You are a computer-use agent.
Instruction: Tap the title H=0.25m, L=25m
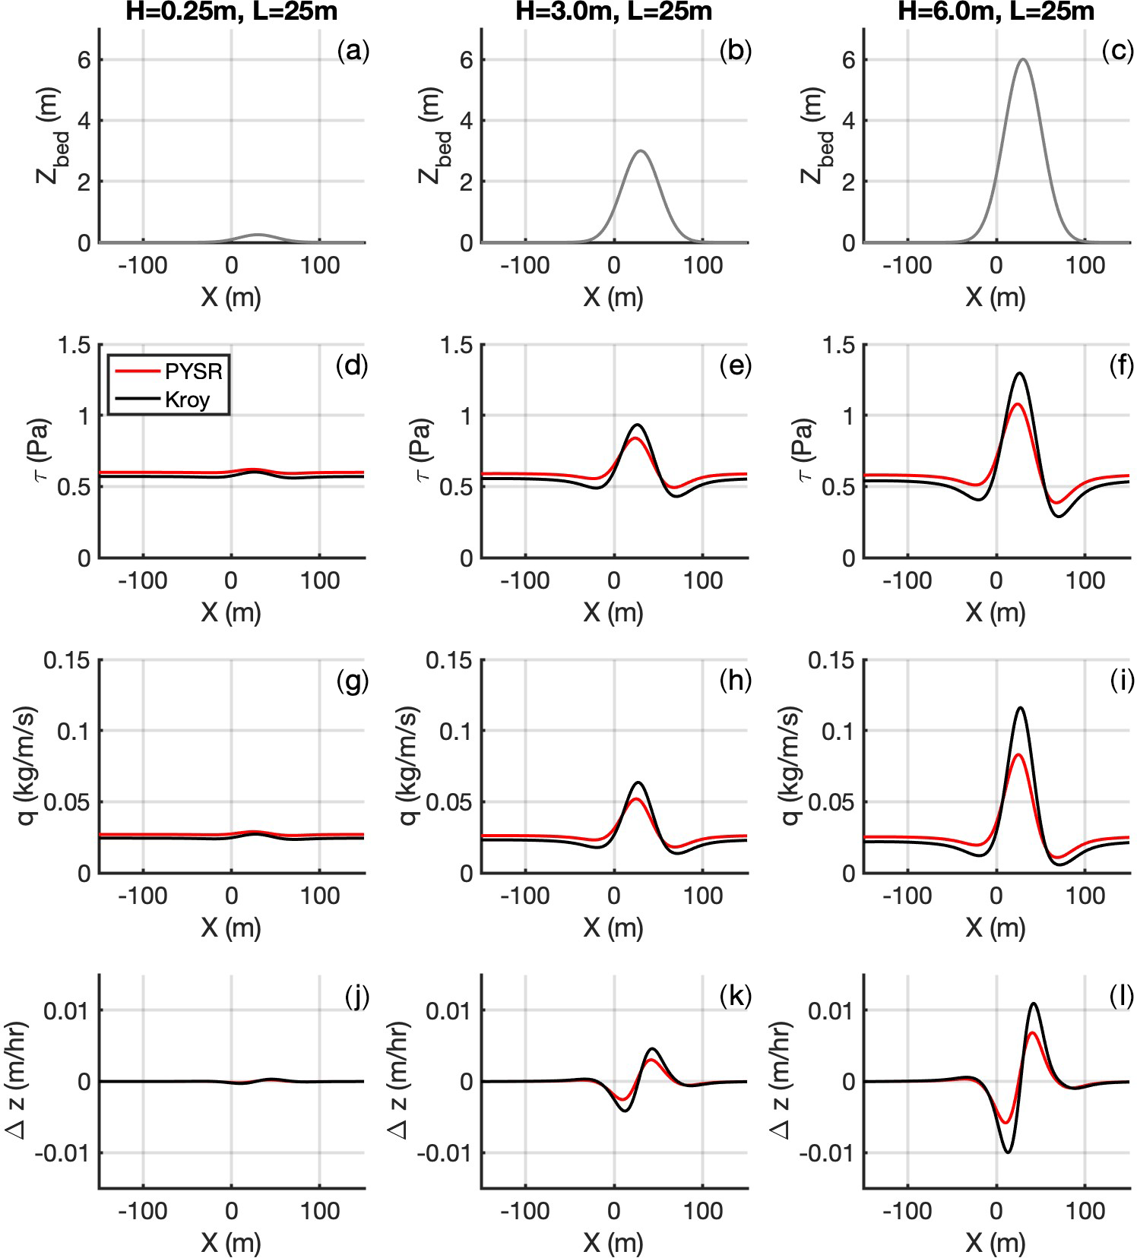click(x=231, y=11)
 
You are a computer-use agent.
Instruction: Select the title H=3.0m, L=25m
click(x=614, y=11)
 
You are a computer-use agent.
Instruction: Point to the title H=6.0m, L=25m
click(x=996, y=11)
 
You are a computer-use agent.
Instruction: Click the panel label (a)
click(x=353, y=51)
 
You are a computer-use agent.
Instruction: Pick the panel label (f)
click(x=1117, y=366)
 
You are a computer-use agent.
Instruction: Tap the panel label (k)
click(x=735, y=996)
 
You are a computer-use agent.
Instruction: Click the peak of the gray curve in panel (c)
click(x=1023, y=59)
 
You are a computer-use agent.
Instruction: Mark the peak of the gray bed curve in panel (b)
click(x=641, y=150)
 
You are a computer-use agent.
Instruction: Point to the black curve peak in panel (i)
click(x=1019, y=708)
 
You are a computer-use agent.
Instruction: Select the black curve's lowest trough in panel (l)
click(x=1008, y=1152)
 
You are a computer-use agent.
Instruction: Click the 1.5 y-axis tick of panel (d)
click(x=74, y=346)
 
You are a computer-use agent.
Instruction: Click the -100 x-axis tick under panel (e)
click(x=525, y=581)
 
